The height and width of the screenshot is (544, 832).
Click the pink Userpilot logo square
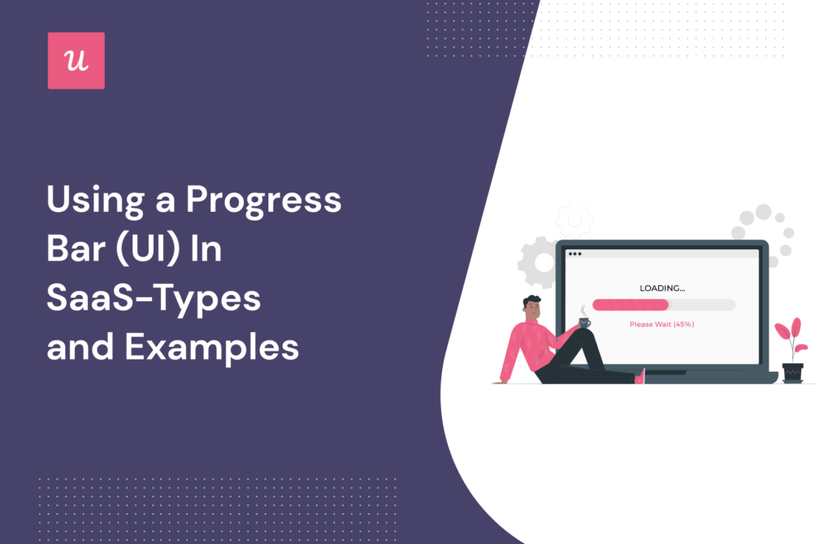[x=76, y=61]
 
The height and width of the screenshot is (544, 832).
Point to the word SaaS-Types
[x=154, y=299]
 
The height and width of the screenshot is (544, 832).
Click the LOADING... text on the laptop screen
[x=662, y=288]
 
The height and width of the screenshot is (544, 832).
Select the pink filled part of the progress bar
[x=630, y=304]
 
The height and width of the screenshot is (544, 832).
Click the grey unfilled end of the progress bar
[x=703, y=304]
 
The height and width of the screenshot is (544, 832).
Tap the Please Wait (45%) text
[x=662, y=324]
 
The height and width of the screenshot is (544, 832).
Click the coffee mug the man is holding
[x=584, y=322]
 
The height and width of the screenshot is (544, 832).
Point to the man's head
[x=532, y=307]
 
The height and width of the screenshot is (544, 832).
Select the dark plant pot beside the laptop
[x=792, y=372]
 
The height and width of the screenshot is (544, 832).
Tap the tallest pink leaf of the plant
[x=795, y=328]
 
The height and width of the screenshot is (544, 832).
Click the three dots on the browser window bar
[x=574, y=254]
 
